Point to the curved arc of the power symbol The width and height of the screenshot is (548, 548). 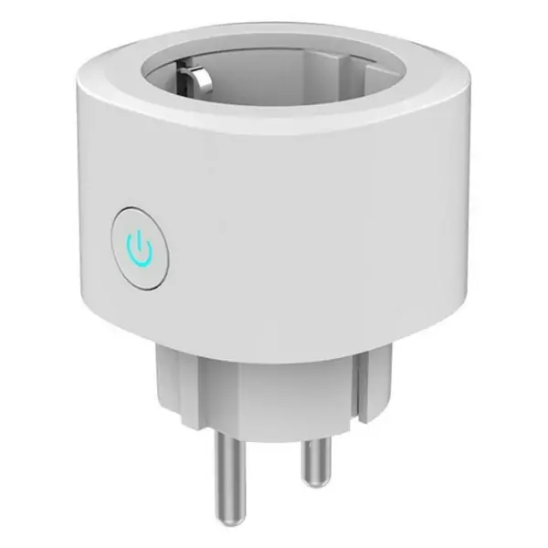tap(139, 255)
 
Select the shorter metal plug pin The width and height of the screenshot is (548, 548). tap(314, 456)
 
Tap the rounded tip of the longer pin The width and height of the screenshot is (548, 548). tap(222, 510)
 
